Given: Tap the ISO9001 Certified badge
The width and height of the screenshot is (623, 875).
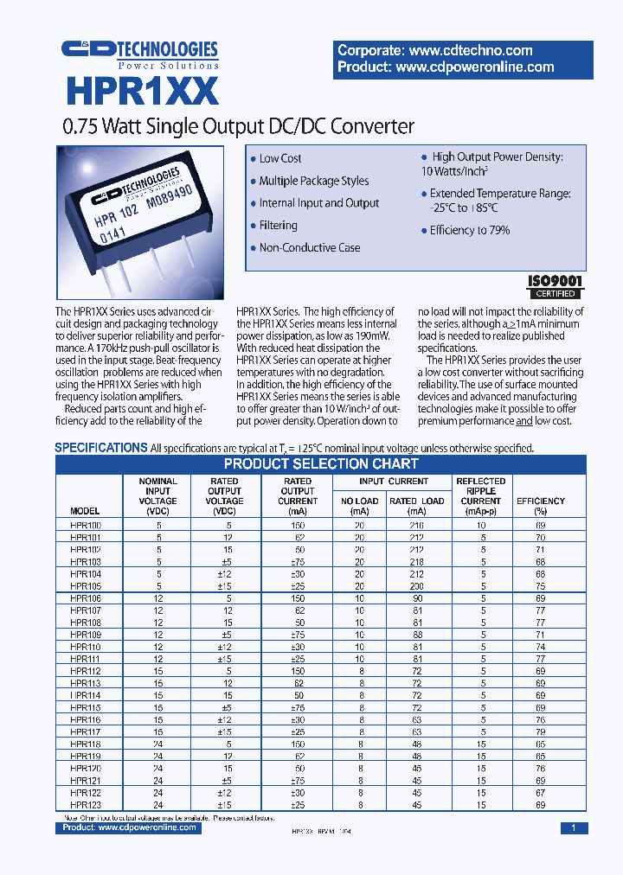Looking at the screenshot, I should click(x=556, y=286).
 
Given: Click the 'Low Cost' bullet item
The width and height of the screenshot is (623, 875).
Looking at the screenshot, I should click(x=280, y=159).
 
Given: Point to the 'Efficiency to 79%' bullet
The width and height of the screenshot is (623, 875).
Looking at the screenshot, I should click(x=470, y=231).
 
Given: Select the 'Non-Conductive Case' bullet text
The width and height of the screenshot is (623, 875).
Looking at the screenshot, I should click(x=310, y=248).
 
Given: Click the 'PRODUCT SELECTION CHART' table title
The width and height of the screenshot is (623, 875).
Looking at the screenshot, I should click(x=321, y=464).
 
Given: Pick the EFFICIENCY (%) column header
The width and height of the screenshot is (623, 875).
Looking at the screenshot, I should click(x=540, y=506).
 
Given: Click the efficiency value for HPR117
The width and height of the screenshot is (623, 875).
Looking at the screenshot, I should click(x=540, y=731).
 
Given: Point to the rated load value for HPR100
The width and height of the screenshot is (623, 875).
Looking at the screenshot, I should click(x=417, y=526).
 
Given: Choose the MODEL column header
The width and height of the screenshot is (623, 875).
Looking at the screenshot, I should click(x=85, y=511).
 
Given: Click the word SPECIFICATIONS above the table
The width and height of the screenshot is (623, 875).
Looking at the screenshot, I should click(x=100, y=448).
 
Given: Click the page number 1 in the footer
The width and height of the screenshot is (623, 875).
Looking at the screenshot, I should click(x=573, y=828).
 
